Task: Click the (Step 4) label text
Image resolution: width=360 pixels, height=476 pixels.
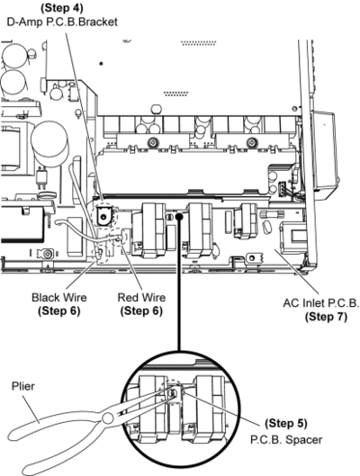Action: [x=61, y=8]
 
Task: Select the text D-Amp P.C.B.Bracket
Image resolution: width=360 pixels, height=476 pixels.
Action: [x=62, y=22]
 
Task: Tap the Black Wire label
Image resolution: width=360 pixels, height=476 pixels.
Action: [x=59, y=297]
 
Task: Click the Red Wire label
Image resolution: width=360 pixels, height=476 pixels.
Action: [x=141, y=297]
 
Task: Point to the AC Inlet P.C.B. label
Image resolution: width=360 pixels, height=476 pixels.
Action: [x=320, y=303]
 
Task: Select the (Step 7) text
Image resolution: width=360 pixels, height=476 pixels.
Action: [x=326, y=317]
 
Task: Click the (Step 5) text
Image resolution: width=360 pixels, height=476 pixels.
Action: [x=286, y=423]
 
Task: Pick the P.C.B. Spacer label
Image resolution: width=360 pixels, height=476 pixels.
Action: [x=286, y=439]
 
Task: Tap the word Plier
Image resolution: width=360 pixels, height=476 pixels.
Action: [x=23, y=386]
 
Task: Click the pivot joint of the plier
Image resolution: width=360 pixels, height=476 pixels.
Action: [x=108, y=418]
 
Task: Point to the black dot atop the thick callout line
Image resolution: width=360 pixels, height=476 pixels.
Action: [x=179, y=216]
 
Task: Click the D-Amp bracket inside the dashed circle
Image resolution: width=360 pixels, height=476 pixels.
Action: [x=103, y=215]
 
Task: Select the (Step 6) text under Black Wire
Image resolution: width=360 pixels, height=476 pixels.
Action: [x=59, y=310]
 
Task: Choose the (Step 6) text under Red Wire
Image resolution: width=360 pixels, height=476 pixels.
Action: [x=141, y=310]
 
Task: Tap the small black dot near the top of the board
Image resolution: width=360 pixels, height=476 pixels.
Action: [x=101, y=64]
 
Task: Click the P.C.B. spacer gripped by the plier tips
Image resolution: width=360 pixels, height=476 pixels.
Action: [x=173, y=393]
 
